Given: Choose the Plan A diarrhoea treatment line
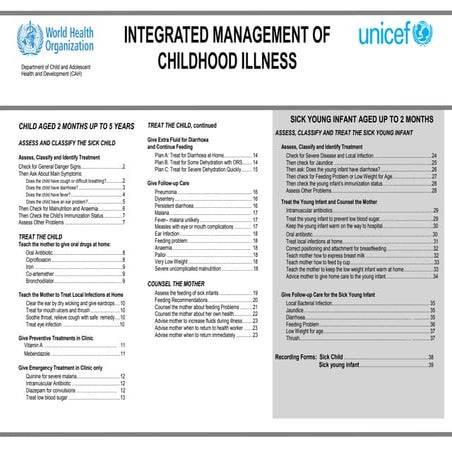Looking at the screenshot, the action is pyautogui.click(x=189, y=157).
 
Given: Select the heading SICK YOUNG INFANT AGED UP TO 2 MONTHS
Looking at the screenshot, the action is pyautogui.click(x=357, y=118).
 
